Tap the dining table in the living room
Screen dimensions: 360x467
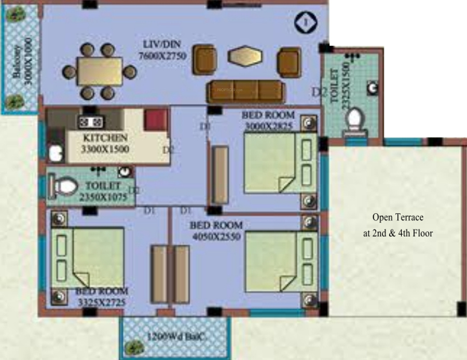pos(100,72)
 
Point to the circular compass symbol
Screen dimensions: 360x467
pos(305,22)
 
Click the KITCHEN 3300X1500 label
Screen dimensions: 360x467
pos(105,143)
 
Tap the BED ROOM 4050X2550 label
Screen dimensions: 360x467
pos(216,230)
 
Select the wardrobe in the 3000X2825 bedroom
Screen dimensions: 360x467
pos(221,174)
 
